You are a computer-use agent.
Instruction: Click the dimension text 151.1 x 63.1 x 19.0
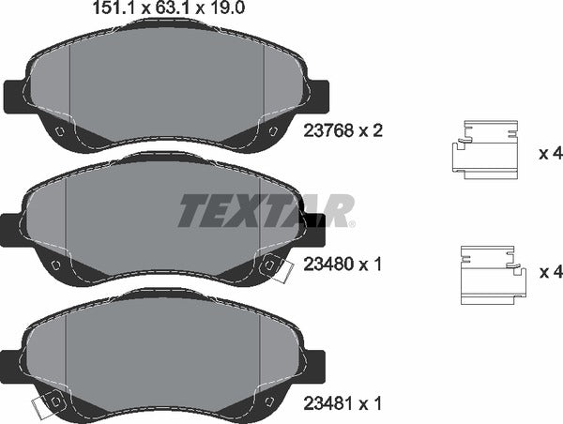click(x=169, y=8)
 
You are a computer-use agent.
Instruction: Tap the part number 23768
click(x=328, y=130)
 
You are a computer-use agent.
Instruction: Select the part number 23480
click(x=328, y=265)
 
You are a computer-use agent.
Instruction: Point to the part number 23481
click(x=328, y=403)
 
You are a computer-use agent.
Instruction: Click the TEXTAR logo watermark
click(x=266, y=211)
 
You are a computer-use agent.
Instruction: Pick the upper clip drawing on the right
click(x=485, y=150)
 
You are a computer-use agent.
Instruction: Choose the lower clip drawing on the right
click(x=494, y=276)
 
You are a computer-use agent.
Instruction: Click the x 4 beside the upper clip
click(x=551, y=154)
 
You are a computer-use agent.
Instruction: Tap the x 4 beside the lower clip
click(x=551, y=272)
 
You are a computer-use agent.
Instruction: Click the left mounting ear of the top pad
click(x=14, y=97)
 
